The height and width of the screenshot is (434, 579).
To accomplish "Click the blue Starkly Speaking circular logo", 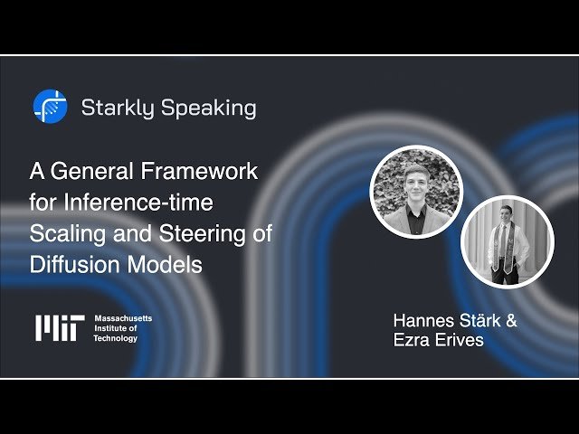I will [50, 108].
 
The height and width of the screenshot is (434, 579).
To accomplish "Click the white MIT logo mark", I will [59, 327].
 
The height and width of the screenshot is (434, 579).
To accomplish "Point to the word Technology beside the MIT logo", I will [116, 339].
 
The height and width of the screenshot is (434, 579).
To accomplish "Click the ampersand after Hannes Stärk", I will [510, 321].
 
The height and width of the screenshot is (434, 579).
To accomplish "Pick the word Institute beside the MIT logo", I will [113, 329].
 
